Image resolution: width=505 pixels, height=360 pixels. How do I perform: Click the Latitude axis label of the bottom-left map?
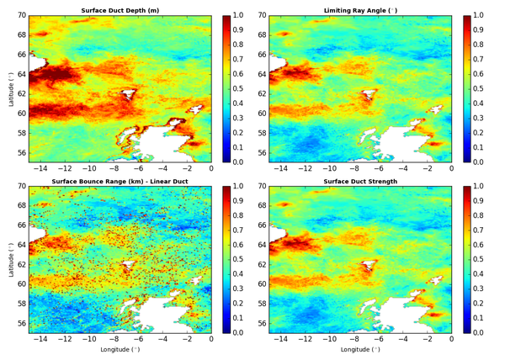pyautogui.click(x=8, y=260)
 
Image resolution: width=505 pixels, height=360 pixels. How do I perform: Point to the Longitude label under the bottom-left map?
pyautogui.click(x=120, y=348)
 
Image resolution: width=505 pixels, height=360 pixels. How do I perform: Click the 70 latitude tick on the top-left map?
pyautogui.click(x=21, y=15)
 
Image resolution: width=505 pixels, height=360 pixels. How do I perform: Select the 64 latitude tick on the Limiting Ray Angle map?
pyautogui.click(x=262, y=73)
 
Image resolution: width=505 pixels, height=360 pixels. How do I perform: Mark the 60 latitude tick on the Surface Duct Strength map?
pyautogui.click(x=262, y=284)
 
